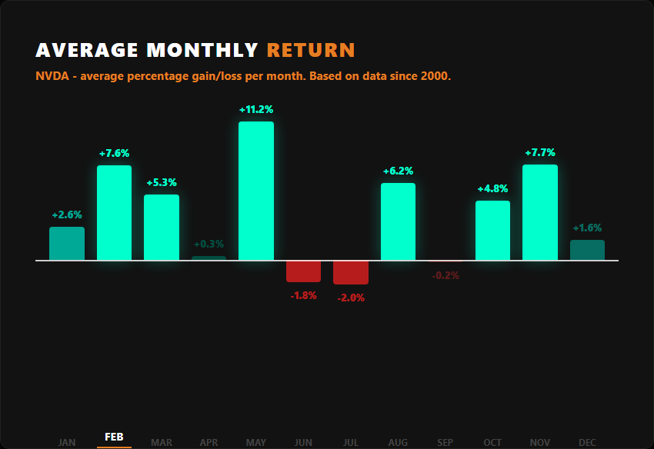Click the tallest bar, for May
256,191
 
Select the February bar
114,213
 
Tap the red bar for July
351,272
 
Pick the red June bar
303,271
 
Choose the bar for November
540,212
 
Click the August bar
398,221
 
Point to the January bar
67,244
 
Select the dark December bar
587,250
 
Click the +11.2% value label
256,110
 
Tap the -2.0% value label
351,298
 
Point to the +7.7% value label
540,153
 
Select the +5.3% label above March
162,183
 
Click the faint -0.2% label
445,275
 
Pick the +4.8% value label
492,189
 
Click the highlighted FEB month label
114,437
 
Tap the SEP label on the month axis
445,442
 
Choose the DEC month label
587,442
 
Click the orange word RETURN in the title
311,51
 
